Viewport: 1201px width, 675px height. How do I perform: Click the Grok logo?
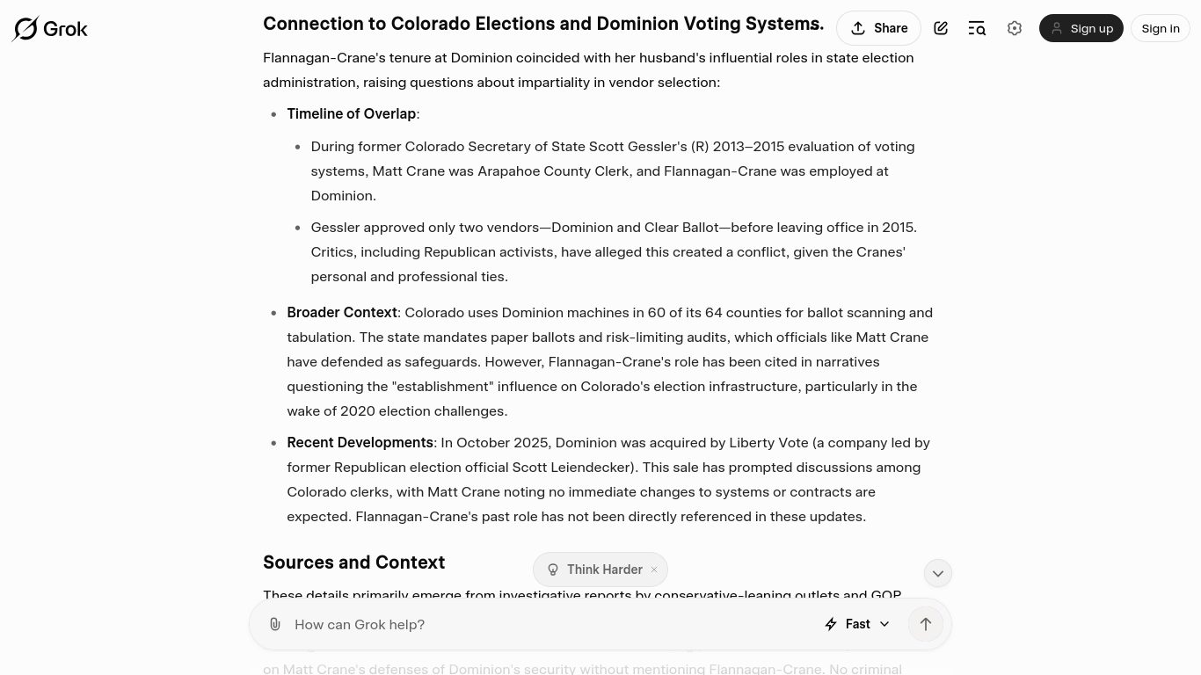click(x=50, y=29)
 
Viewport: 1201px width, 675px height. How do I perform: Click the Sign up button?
click(x=1081, y=28)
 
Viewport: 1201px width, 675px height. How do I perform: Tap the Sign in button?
click(x=1160, y=28)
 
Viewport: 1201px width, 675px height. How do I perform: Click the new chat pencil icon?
click(x=941, y=28)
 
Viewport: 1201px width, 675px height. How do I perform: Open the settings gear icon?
click(x=1015, y=28)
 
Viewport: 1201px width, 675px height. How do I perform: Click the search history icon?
click(x=977, y=28)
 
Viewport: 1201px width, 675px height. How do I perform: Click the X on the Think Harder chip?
click(x=654, y=570)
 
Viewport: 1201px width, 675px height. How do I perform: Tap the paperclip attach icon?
click(x=275, y=624)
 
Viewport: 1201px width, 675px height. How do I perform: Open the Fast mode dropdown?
click(x=857, y=624)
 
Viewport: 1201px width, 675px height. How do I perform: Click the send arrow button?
click(x=926, y=624)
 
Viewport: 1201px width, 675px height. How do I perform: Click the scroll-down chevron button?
click(x=938, y=573)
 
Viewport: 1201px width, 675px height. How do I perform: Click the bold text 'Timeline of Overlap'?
click(x=351, y=113)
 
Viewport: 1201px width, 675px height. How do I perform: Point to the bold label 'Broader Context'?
click(x=342, y=312)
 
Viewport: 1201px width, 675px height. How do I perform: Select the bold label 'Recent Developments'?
click(x=360, y=442)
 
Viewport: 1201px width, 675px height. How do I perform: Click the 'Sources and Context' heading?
click(x=353, y=562)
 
